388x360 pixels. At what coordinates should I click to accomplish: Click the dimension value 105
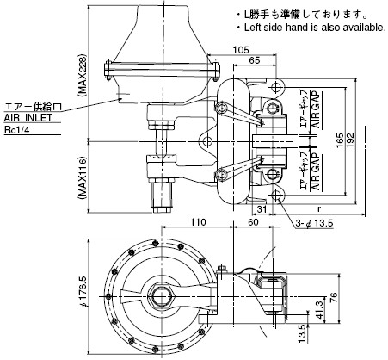pyautogui.click(x=241, y=50)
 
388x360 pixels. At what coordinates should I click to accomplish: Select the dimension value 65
pyautogui.click(x=255, y=60)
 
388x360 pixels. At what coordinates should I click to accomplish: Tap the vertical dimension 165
pyautogui.click(x=340, y=140)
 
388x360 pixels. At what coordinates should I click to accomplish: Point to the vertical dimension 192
pyautogui.click(x=350, y=140)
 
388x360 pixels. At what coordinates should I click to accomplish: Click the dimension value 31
pyautogui.click(x=262, y=209)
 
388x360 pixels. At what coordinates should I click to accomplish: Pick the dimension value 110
pyautogui.click(x=198, y=222)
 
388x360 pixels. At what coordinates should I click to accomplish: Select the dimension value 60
pyautogui.click(x=253, y=222)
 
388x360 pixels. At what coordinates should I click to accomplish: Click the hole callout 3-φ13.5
pyautogui.click(x=315, y=223)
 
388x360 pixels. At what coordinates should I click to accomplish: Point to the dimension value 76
pyautogui.click(x=334, y=298)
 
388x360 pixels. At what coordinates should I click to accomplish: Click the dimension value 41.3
pyautogui.click(x=319, y=307)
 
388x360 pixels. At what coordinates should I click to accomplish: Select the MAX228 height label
pyautogui.click(x=83, y=74)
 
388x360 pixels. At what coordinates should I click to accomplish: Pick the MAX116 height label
pyautogui.click(x=83, y=177)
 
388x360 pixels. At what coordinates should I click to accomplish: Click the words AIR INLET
pyautogui.click(x=28, y=118)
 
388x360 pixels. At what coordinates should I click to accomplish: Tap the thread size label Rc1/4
pyautogui.click(x=17, y=130)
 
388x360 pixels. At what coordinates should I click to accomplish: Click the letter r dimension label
pyautogui.click(x=319, y=209)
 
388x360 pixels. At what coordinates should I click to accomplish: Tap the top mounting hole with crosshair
pyautogui.click(x=276, y=86)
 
